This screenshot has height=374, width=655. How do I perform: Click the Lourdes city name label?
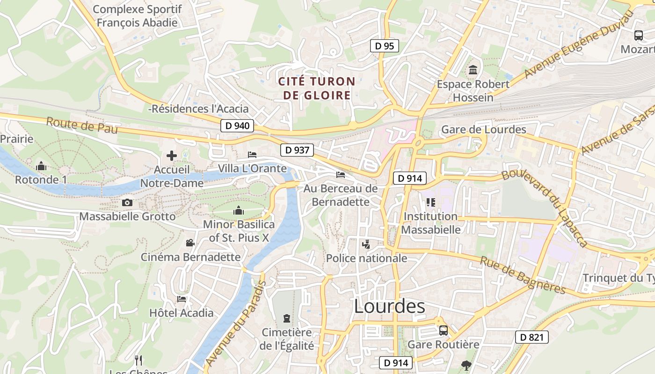tap(389, 307)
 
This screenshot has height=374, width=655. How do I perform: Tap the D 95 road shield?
tap(385, 46)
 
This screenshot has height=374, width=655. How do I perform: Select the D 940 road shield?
tap(237, 126)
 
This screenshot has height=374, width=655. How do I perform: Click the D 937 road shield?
tap(297, 150)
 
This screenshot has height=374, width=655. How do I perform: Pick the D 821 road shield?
tap(531, 337)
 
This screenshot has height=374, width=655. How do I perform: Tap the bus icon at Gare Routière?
tap(443, 331)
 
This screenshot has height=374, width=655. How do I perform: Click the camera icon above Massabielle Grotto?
tap(127, 202)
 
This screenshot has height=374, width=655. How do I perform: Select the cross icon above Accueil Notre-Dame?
tap(172, 156)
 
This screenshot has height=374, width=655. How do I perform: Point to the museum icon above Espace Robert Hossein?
tap(473, 70)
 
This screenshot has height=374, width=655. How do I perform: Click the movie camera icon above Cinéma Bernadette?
tap(190, 243)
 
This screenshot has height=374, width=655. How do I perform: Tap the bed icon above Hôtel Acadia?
tap(182, 299)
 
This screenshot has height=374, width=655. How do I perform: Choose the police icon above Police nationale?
tap(366, 244)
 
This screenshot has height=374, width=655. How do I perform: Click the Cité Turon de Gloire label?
tap(317, 88)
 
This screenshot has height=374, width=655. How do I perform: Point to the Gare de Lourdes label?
tap(484, 129)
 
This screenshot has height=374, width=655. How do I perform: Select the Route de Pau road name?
tap(82, 126)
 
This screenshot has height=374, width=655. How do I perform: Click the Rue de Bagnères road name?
tap(523, 275)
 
